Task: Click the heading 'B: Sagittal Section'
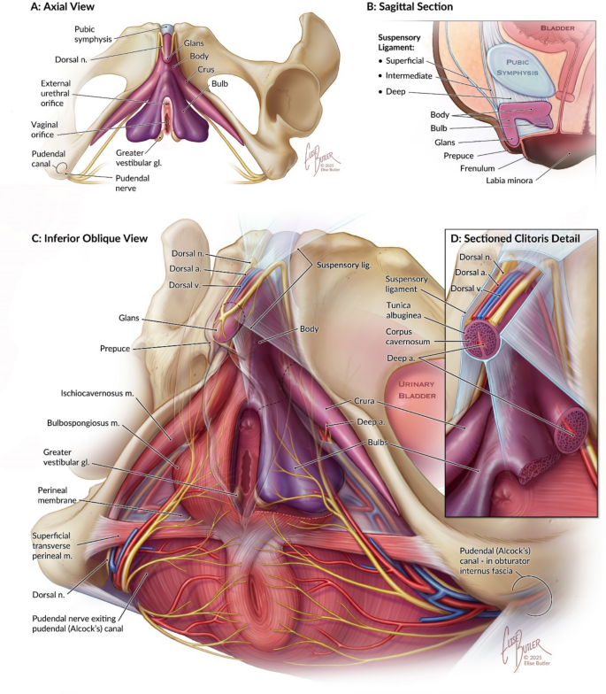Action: tap(412, 8)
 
